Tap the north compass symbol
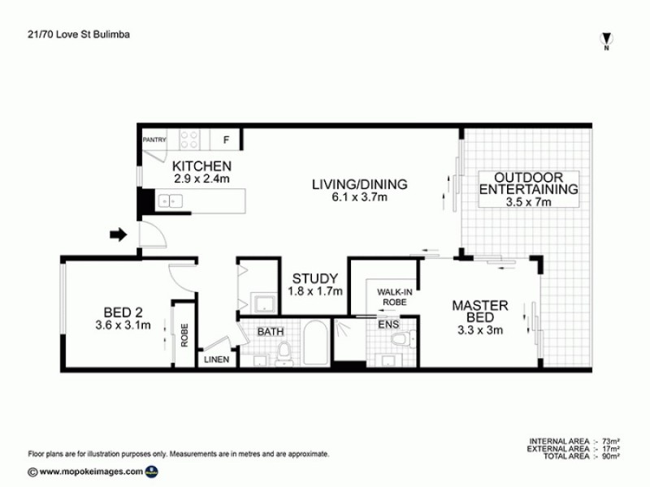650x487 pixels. [x=606, y=40]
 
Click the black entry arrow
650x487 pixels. [x=119, y=235]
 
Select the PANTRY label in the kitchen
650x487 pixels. [x=154, y=140]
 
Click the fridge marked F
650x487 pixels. [x=226, y=140]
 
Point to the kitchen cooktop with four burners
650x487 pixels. [x=190, y=140]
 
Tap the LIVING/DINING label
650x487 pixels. [x=360, y=183]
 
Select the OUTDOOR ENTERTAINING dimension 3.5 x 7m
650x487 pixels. [x=528, y=202]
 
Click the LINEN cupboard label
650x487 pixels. [x=216, y=359]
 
